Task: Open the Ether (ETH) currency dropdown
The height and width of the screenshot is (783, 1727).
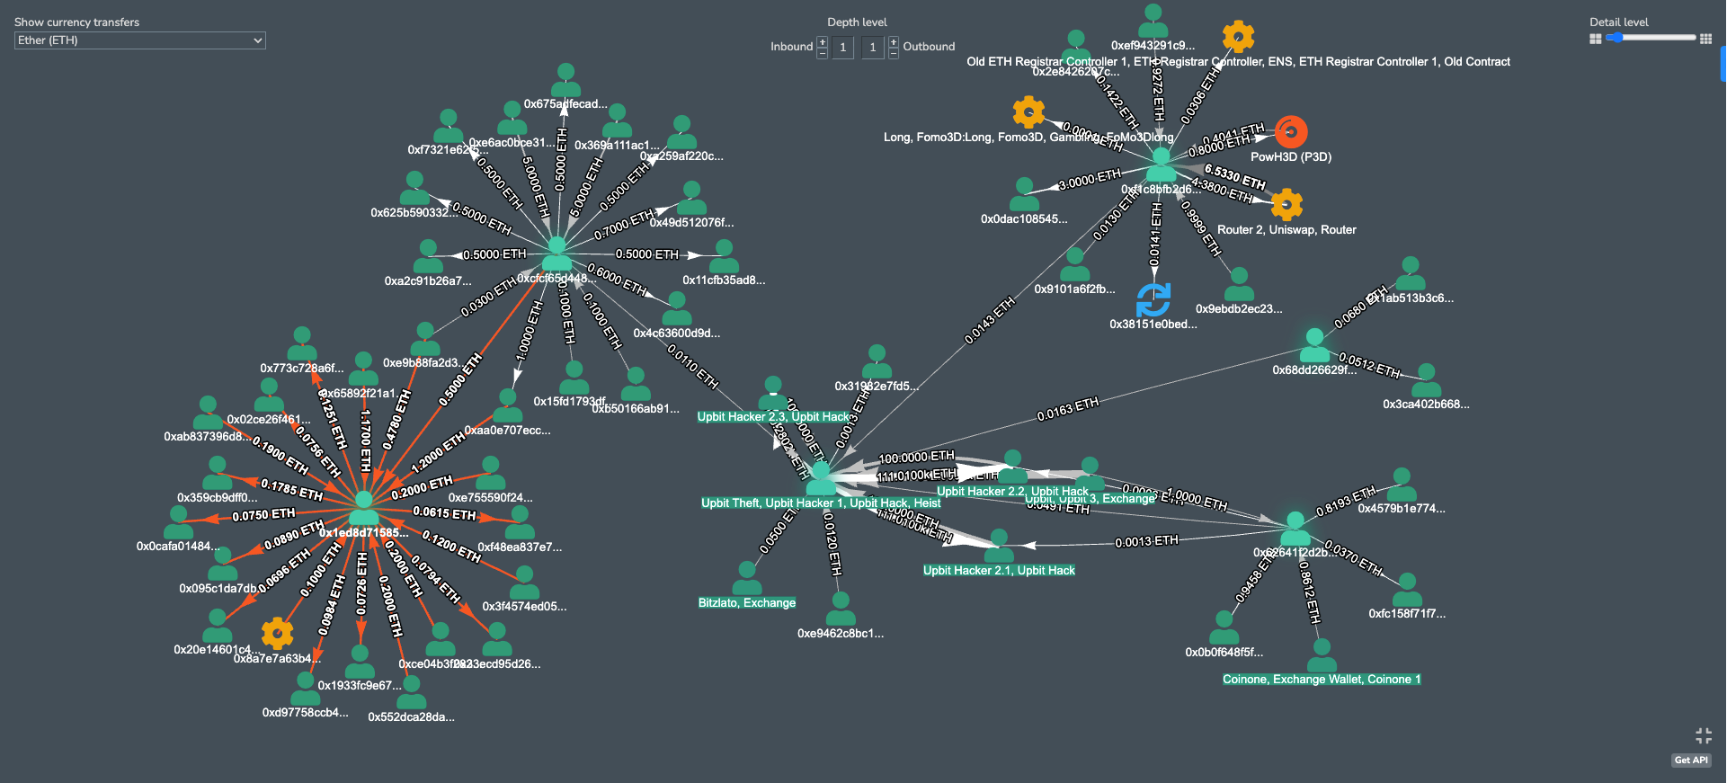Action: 140,40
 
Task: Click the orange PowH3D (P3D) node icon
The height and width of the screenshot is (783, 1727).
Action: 1291,132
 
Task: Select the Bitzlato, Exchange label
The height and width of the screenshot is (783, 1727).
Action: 747,603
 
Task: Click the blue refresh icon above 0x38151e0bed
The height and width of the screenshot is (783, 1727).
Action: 1153,300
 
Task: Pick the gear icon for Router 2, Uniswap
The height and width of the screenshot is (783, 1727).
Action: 1286,205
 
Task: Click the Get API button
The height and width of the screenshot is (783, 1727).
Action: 1691,761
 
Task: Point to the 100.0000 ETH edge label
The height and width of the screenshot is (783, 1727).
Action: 916,458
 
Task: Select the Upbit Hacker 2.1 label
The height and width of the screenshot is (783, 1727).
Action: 999,571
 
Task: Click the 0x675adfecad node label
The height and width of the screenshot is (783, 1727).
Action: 565,104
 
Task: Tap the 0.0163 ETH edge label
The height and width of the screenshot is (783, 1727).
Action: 1067,410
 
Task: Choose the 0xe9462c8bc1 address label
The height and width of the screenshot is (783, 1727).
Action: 841,634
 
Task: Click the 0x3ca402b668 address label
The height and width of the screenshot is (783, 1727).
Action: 1426,405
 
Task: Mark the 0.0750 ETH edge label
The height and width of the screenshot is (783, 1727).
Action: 263,515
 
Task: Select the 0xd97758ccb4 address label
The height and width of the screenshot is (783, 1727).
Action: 305,713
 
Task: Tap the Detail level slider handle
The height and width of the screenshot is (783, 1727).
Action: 1616,38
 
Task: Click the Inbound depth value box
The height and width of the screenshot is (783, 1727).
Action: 842,48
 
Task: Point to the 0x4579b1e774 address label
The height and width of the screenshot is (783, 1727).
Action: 1402,509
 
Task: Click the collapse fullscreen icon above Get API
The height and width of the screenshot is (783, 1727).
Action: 1703,736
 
